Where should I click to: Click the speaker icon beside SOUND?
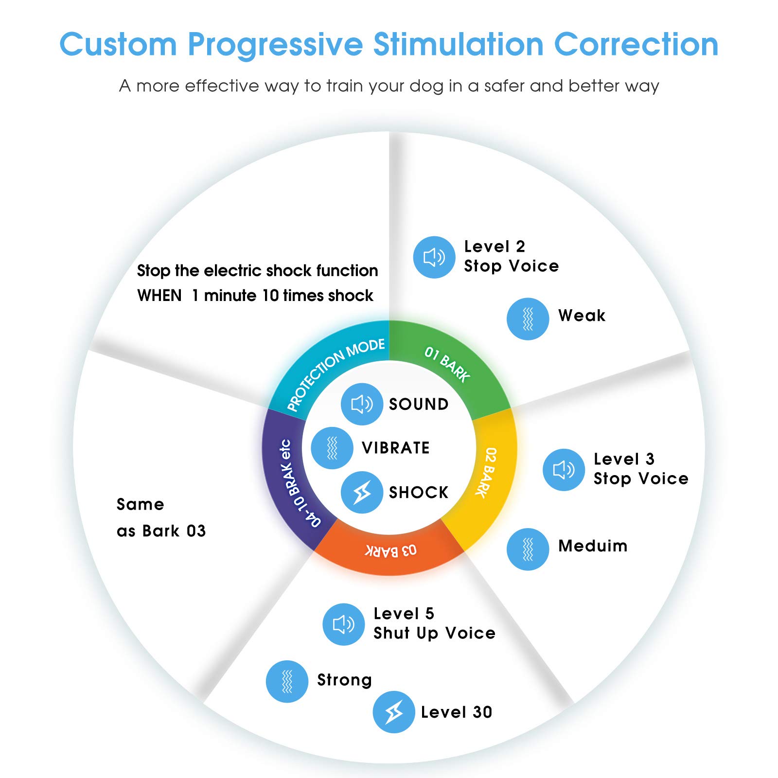click(x=362, y=404)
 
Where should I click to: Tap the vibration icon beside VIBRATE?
click(x=332, y=448)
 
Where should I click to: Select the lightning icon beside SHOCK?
click(x=362, y=492)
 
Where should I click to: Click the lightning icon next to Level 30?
click(x=394, y=712)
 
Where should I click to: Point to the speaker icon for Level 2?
click(x=434, y=257)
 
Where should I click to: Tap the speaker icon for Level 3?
click(x=564, y=470)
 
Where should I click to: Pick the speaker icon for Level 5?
click(x=344, y=624)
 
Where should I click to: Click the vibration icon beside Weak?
click(x=528, y=319)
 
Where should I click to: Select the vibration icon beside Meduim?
click(x=528, y=549)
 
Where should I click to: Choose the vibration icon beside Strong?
click(x=287, y=681)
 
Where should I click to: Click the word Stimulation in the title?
click(x=458, y=45)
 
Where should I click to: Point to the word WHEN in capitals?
click(x=159, y=296)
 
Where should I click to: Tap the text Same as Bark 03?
click(x=161, y=517)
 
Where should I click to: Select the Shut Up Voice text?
click(x=434, y=633)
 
